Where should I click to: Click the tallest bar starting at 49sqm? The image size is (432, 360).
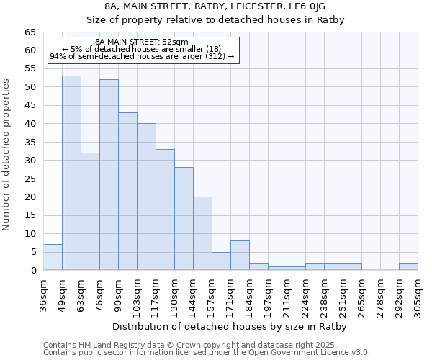[71, 173]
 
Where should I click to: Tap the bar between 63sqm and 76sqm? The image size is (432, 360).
[90, 212]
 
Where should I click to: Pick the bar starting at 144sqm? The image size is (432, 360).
[202, 233]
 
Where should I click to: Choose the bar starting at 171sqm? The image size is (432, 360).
[240, 256]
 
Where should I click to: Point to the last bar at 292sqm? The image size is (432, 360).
[408, 266]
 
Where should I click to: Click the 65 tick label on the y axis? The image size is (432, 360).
[30, 32]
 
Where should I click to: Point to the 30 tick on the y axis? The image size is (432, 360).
[30, 161]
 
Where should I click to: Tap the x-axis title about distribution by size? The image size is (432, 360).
[230, 326]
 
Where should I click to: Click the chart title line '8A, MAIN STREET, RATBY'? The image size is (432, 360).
[216, 7]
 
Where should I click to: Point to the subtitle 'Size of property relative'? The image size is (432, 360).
[216, 20]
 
